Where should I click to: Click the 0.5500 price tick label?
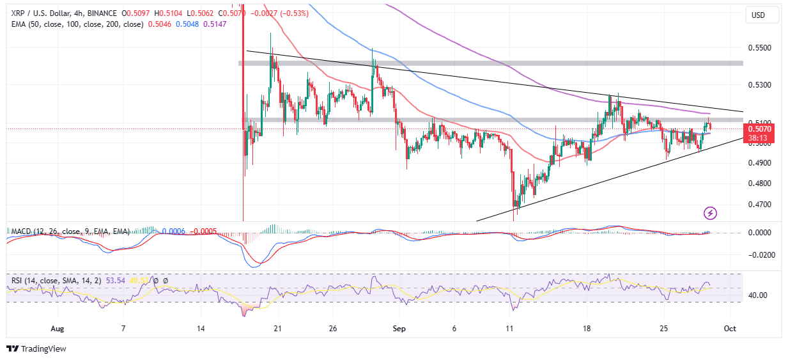pos(759,48)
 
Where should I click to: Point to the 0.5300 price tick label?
pos(759,85)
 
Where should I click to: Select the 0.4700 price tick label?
pos(759,205)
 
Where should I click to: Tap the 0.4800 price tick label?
pos(759,184)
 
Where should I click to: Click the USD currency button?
pos(759,15)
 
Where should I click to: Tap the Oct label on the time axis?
pos(730,329)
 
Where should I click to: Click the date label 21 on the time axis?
pos(277,329)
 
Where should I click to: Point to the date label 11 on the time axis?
pos(509,329)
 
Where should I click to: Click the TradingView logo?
pos(36,348)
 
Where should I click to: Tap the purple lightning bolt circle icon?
pos(710,213)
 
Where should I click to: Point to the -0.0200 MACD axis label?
pos(759,254)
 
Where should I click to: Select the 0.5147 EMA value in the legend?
pos(214,24)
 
